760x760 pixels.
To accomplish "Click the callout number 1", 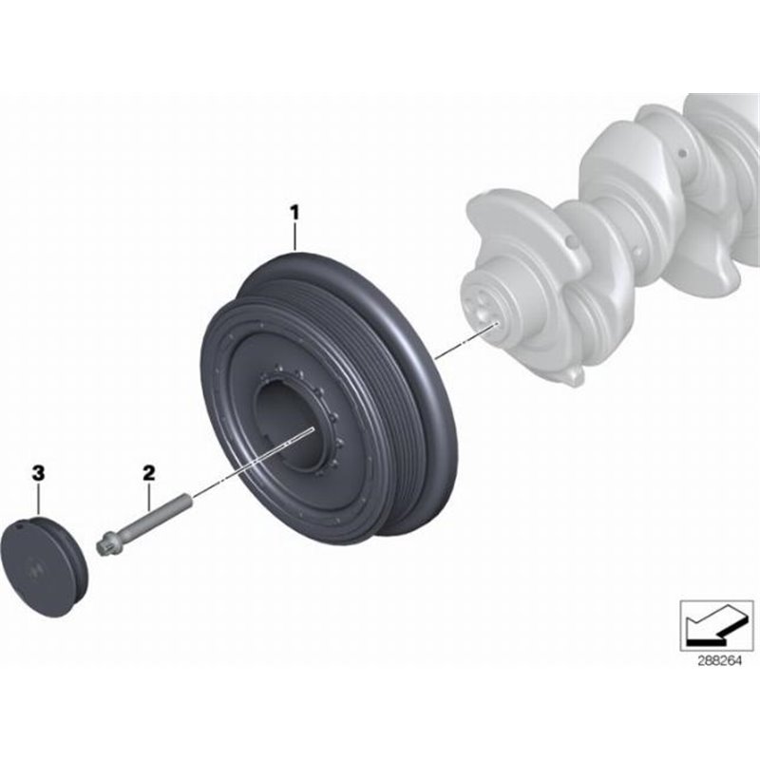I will (x=294, y=212).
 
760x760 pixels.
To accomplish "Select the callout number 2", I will (x=148, y=471).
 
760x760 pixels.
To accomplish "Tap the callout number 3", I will (x=38, y=471).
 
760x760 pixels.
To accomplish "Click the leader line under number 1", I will (x=294, y=235).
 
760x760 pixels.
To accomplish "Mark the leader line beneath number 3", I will (x=38, y=498).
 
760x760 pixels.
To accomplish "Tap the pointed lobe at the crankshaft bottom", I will (x=573, y=377).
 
